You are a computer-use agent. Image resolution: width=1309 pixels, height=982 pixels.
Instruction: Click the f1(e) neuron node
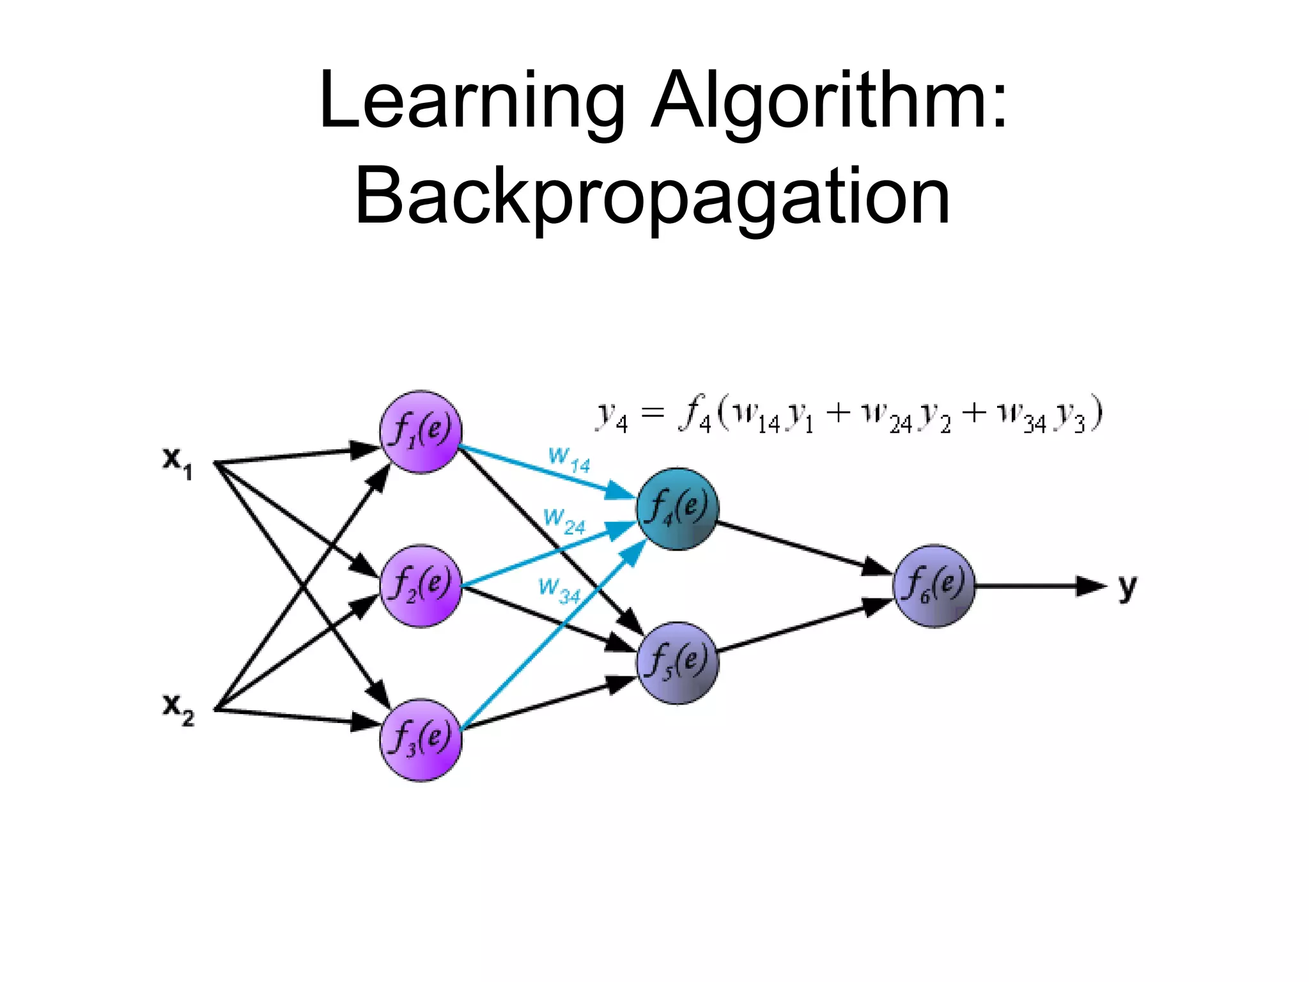420,432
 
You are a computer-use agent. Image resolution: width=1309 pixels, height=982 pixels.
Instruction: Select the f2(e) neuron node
420,586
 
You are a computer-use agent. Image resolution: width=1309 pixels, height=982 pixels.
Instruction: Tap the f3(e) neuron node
420,740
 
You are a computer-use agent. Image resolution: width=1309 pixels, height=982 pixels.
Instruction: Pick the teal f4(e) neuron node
678,509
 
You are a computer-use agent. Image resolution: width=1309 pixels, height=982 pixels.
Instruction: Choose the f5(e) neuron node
678,663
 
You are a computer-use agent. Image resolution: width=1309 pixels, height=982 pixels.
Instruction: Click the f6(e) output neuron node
934,586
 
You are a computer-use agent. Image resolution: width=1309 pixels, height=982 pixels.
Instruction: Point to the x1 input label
177,462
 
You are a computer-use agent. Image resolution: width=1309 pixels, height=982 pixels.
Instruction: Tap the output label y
1127,586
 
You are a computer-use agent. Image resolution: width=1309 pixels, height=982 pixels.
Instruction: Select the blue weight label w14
569,459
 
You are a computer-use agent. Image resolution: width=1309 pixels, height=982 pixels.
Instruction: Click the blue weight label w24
564,520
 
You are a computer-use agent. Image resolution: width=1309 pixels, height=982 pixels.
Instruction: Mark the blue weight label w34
559,589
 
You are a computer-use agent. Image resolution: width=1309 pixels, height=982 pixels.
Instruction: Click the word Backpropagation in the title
653,196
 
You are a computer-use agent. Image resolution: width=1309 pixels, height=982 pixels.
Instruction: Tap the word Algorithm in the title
829,101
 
